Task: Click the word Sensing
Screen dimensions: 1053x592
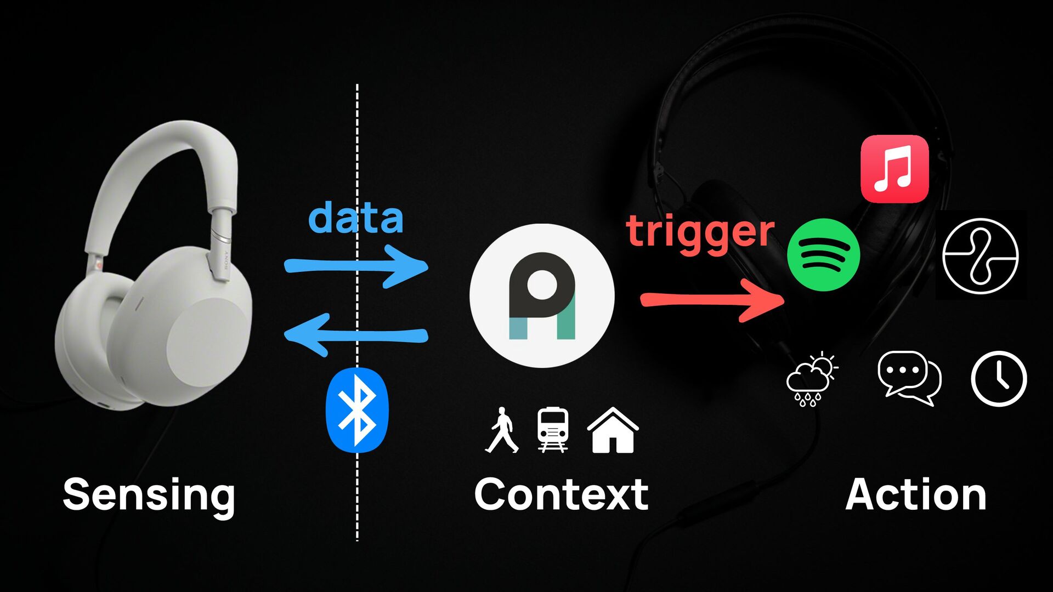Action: click(x=149, y=495)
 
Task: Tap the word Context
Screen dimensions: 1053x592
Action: click(x=561, y=494)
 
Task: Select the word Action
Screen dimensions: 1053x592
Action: click(x=915, y=494)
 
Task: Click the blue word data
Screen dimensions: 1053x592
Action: click(x=356, y=218)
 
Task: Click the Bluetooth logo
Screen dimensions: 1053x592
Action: click(x=357, y=410)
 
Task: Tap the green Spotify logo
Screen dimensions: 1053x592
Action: click(x=823, y=255)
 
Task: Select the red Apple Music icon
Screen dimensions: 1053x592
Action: click(x=895, y=169)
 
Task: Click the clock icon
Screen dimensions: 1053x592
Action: click(x=999, y=379)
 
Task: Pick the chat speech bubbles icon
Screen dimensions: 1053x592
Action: click(x=909, y=378)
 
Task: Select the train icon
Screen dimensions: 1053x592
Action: click(x=552, y=430)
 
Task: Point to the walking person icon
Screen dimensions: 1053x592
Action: click(x=502, y=430)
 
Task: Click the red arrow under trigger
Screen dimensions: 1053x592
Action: click(x=713, y=301)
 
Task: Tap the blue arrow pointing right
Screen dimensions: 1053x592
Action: click(x=356, y=266)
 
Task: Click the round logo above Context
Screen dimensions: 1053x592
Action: click(x=542, y=295)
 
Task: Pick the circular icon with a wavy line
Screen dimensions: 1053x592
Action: click(x=980, y=255)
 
